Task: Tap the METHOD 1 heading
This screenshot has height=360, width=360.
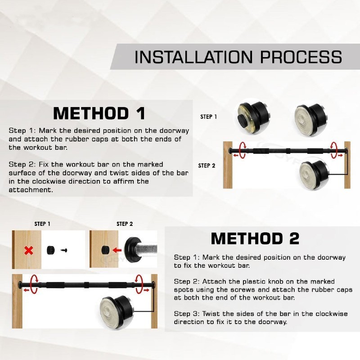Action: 99,113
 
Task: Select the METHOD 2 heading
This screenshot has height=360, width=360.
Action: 255,238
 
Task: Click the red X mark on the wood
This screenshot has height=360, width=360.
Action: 28,251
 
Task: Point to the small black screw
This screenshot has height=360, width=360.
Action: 64,250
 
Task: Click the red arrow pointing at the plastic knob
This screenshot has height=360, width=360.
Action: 117,250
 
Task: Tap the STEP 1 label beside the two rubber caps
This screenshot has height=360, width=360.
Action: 208,117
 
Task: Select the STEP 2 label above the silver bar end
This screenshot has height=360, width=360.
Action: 125,224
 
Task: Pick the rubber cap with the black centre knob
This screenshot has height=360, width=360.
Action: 253,118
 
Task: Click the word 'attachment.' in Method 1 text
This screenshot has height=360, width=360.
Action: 31,190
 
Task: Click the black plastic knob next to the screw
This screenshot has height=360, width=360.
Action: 51,250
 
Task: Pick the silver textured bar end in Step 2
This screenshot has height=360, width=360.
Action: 146,250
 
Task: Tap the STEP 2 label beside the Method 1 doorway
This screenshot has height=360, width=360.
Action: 207,166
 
